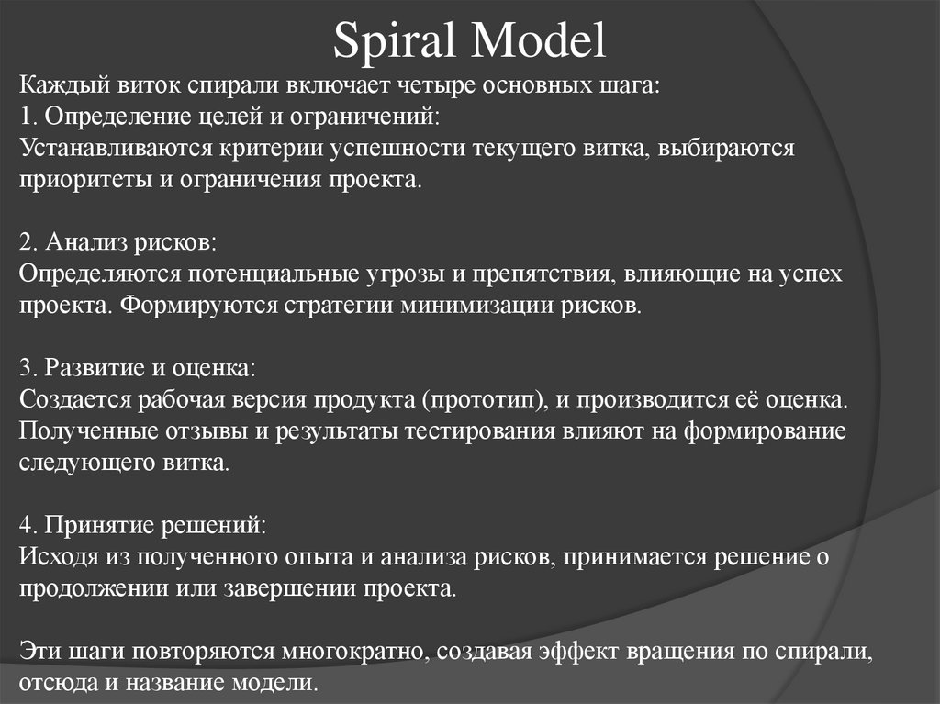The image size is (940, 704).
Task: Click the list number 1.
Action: (x=25, y=117)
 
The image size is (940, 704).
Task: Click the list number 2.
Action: (x=25, y=243)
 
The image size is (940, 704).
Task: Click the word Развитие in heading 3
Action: (x=84, y=369)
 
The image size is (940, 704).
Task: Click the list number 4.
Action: (x=25, y=525)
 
